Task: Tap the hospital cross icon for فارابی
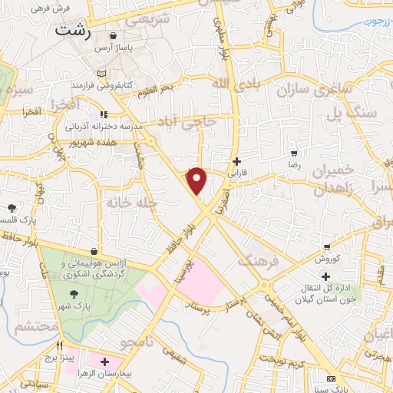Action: click(237, 162)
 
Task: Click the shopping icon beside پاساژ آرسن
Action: click(114, 35)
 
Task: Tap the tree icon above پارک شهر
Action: click(74, 293)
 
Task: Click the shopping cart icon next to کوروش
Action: click(328, 247)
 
